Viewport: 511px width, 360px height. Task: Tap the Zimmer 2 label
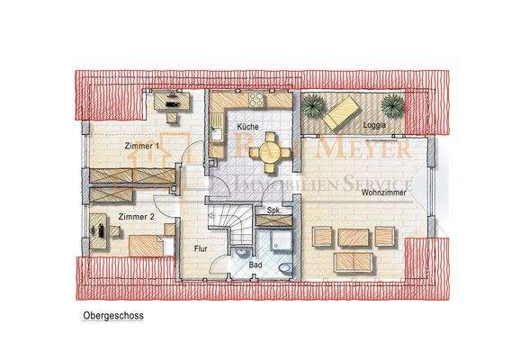click(136, 217)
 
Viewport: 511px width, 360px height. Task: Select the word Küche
click(248, 128)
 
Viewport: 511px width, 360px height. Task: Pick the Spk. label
click(273, 211)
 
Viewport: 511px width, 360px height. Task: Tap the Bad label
click(255, 265)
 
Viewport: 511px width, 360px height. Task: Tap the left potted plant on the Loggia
click(313, 103)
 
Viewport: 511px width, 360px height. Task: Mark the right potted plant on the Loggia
click(393, 103)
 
